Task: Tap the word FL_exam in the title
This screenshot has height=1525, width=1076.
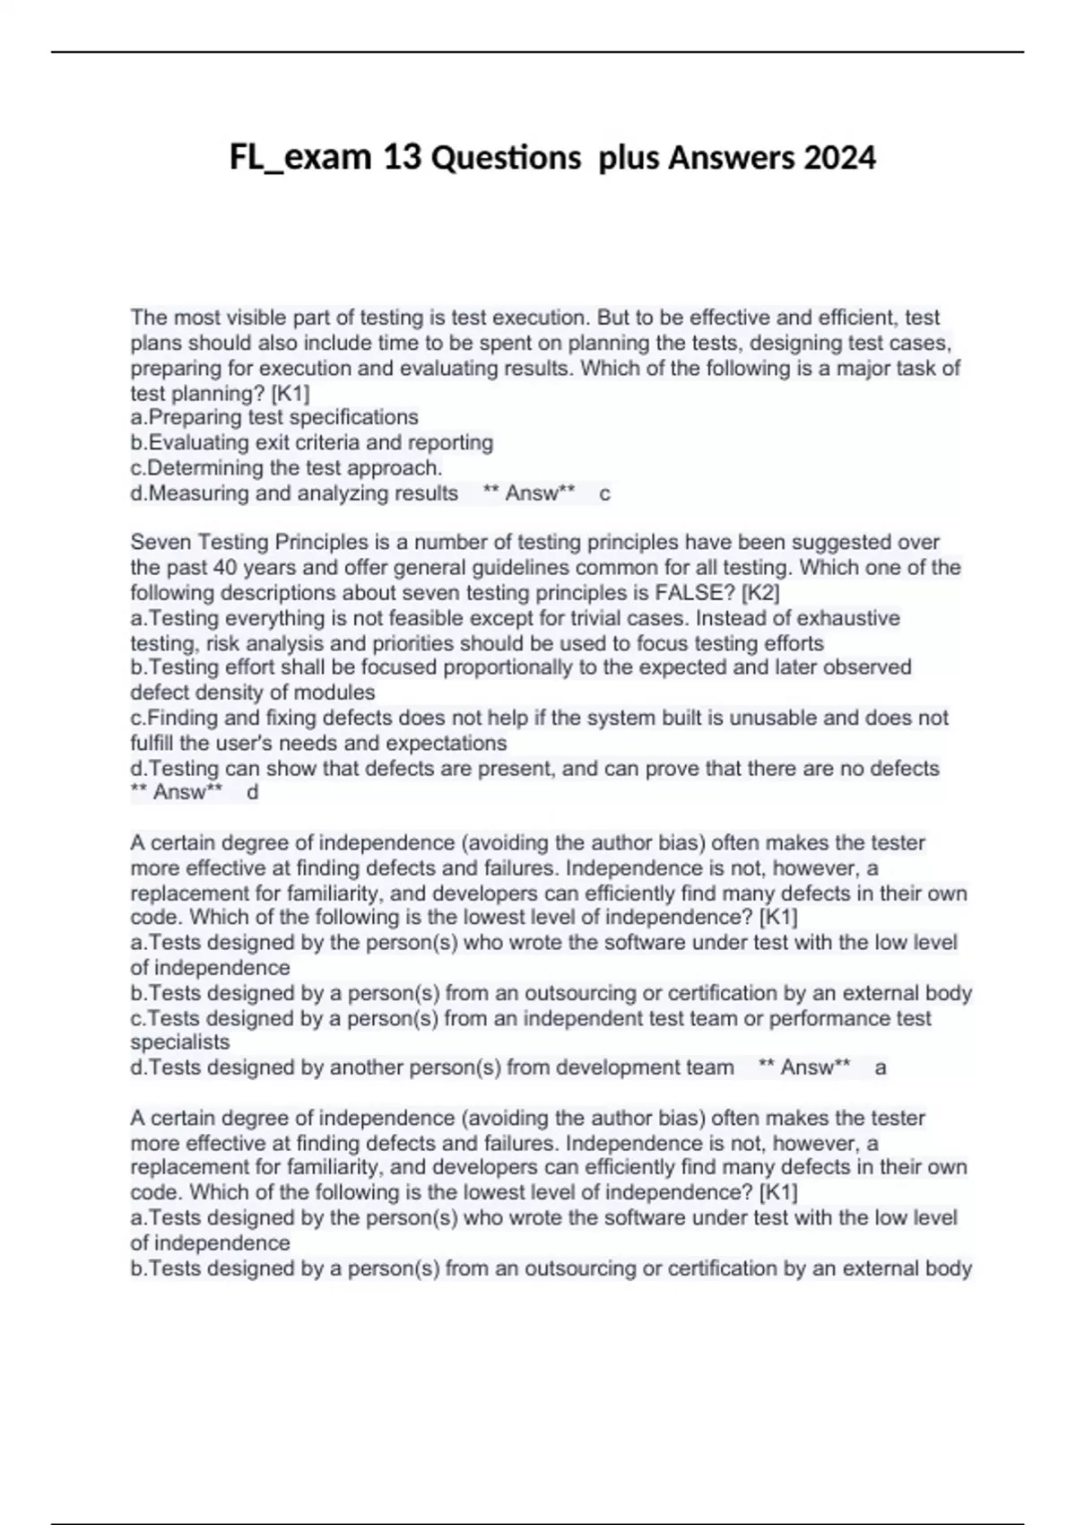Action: (300, 158)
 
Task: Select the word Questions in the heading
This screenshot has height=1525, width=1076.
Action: (506, 158)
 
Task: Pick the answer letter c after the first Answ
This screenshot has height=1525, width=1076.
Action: (604, 493)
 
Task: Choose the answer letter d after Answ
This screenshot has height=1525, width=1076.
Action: (252, 793)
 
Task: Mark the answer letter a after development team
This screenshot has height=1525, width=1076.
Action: (881, 1067)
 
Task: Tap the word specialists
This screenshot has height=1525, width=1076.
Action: (180, 1042)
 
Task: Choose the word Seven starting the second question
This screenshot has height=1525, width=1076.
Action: (161, 543)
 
